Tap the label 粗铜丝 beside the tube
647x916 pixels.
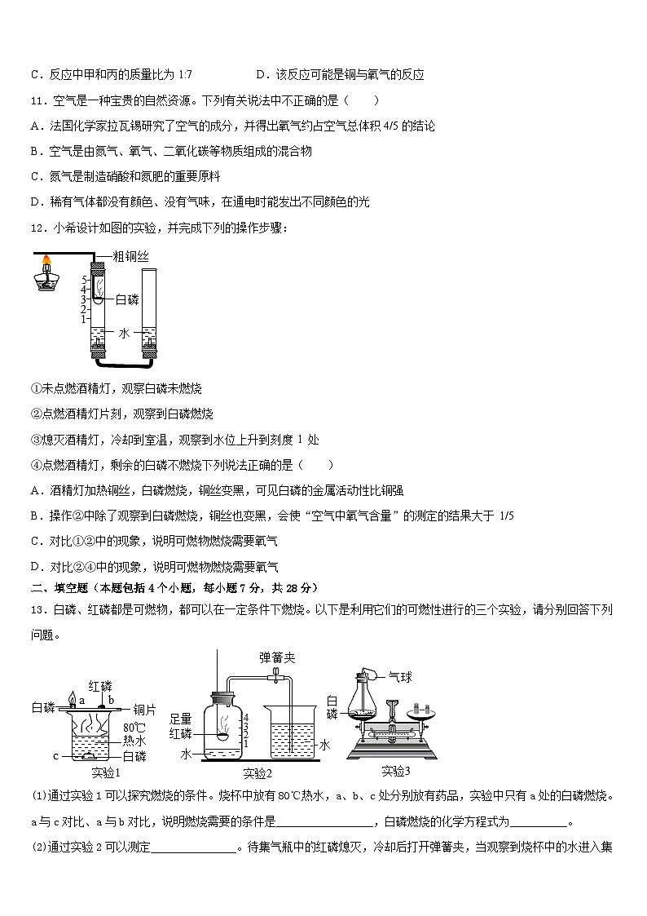point(131,256)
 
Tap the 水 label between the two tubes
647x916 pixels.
point(124,333)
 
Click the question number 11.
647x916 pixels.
point(38,101)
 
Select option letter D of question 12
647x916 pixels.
point(35,567)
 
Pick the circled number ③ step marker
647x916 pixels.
point(35,440)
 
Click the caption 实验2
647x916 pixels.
point(257,773)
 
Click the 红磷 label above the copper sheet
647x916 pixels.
point(100,686)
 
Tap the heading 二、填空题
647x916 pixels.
point(59,587)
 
